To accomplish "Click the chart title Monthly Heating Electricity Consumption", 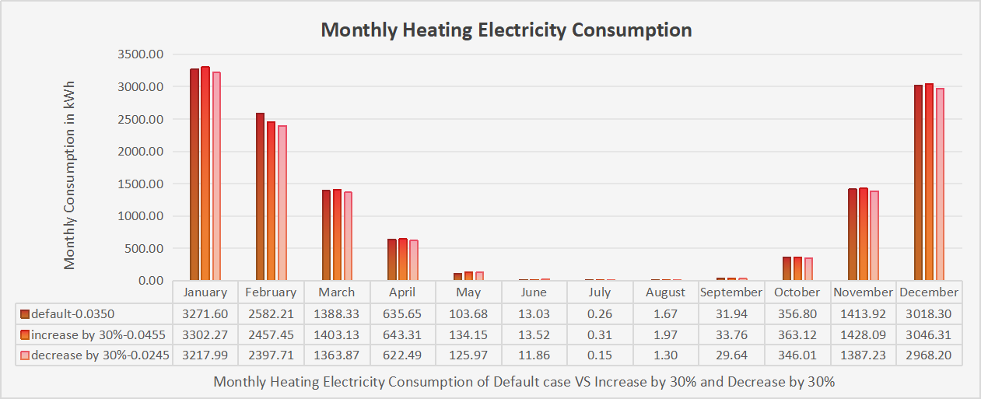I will pyautogui.click(x=506, y=30).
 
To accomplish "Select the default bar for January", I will pyautogui.click(x=194, y=174).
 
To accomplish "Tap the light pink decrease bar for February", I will pyautogui.click(x=282, y=202).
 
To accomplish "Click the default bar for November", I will pyautogui.click(x=853, y=234).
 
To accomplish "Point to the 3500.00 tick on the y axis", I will pyautogui.click(x=141, y=54).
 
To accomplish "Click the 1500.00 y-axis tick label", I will pyautogui.click(x=141, y=184).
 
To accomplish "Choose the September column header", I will pyautogui.click(x=731, y=292).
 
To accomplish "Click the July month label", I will pyautogui.click(x=599, y=292).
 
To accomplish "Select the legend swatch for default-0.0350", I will pyautogui.click(x=25, y=314).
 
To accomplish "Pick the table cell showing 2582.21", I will pyautogui.click(x=271, y=314).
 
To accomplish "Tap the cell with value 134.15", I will pyautogui.click(x=468, y=334).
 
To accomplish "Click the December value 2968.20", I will pyautogui.click(x=929, y=355).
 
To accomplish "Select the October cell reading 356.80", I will pyautogui.click(x=797, y=314).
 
